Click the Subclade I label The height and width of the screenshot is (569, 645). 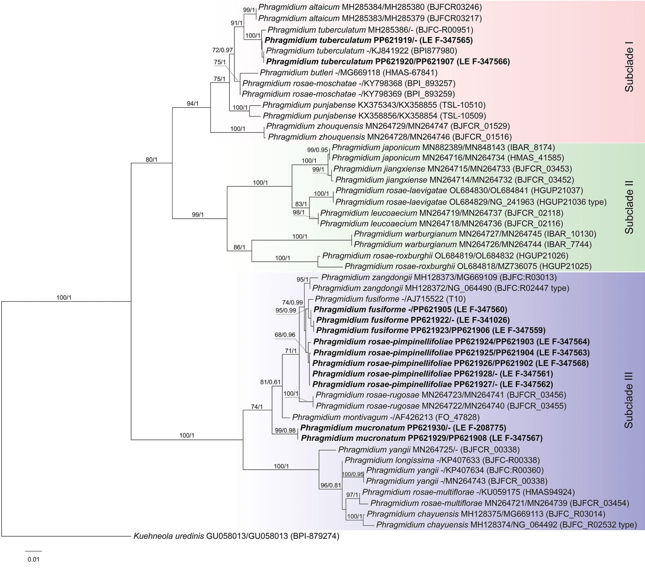coord(628,69)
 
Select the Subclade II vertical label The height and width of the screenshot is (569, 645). coord(628,207)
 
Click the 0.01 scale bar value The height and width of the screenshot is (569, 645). coord(33,560)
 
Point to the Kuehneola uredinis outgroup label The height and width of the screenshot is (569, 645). coord(236,536)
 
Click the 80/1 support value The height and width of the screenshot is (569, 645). coord(151,160)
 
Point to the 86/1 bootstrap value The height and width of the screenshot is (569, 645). coord(239,247)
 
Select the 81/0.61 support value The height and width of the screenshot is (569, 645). coord(270,382)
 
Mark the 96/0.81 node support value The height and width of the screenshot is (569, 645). coord(331,485)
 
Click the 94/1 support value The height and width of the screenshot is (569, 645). coord(192,104)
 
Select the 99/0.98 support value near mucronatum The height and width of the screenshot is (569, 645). coord(285,431)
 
